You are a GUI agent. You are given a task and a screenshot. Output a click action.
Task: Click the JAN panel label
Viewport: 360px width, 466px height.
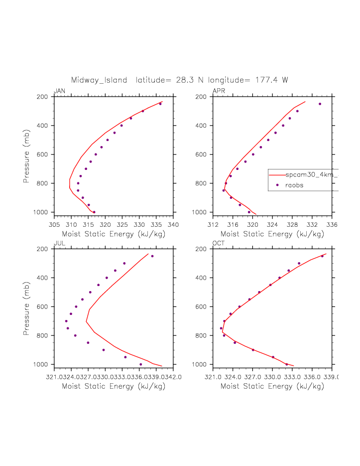pyautogui.click(x=59, y=91)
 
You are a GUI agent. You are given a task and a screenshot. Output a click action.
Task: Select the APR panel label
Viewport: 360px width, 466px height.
pyautogui.click(x=218, y=91)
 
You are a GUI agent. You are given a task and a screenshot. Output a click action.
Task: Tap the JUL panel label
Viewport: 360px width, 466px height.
pyautogui.click(x=59, y=243)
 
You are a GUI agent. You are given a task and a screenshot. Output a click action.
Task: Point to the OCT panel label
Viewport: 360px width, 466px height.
pyautogui.click(x=219, y=243)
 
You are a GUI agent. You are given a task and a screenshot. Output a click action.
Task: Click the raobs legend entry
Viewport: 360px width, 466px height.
pyautogui.click(x=294, y=185)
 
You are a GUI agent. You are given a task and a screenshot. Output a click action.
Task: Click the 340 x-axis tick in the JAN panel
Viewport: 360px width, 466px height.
pyautogui.click(x=173, y=225)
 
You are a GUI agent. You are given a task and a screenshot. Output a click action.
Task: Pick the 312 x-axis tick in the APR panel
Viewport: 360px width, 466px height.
pyautogui.click(x=213, y=225)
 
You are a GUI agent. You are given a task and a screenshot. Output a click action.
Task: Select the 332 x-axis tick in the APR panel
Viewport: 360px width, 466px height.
pyautogui.click(x=312, y=225)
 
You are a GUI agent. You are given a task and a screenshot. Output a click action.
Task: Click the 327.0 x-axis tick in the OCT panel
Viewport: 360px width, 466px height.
pyautogui.click(x=253, y=377)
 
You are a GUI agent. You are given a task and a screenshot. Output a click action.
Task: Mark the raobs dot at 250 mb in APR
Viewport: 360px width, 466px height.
pyautogui.click(x=320, y=104)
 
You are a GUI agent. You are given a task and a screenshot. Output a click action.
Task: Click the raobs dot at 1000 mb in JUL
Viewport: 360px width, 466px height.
pyautogui.click(x=141, y=364)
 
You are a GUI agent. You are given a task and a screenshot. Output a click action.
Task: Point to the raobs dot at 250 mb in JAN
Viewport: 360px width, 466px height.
pyautogui.click(x=160, y=104)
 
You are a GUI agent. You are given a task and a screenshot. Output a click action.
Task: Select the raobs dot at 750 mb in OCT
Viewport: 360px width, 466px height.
pyautogui.click(x=221, y=328)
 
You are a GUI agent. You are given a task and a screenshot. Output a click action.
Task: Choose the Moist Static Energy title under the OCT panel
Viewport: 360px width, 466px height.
pyautogui.click(x=270, y=386)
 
